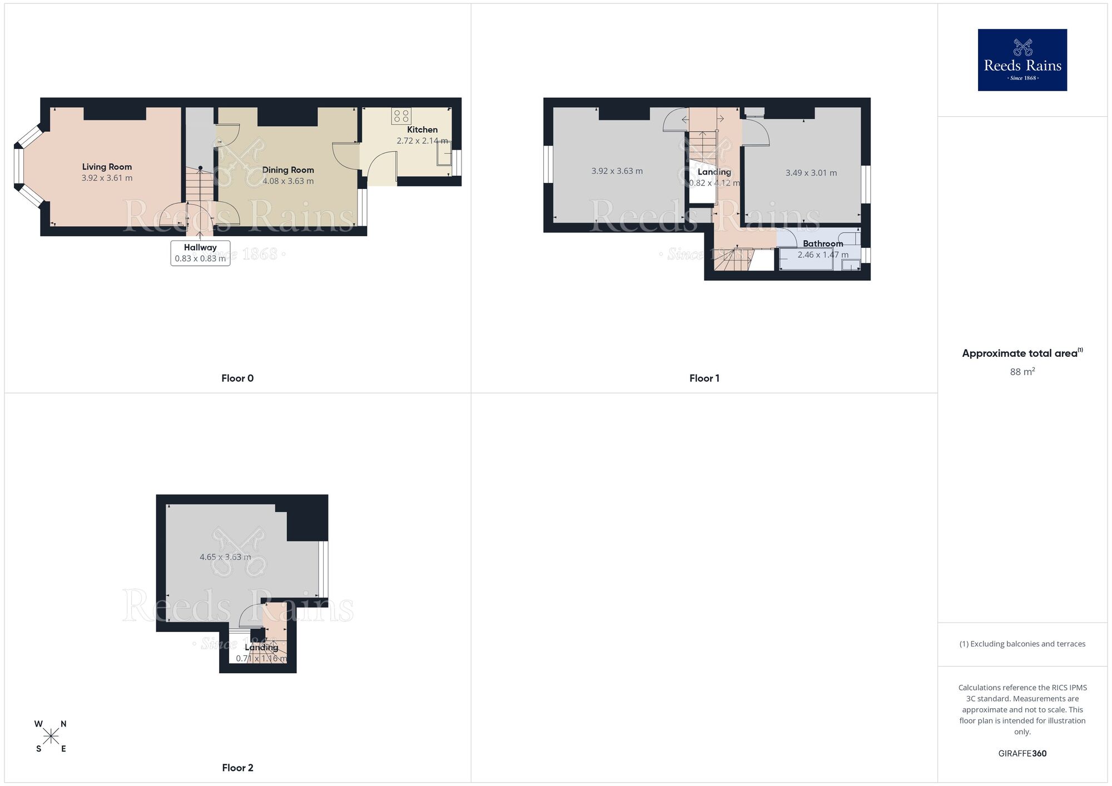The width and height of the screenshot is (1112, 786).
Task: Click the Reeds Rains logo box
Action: tap(1022, 60)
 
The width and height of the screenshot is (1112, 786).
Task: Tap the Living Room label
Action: tap(107, 167)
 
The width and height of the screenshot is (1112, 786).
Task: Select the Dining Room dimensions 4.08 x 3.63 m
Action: tap(288, 181)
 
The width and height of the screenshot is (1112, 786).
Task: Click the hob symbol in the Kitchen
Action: tap(401, 116)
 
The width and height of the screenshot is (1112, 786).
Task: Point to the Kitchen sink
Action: tap(444, 152)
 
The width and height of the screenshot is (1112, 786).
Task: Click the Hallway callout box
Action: tap(200, 253)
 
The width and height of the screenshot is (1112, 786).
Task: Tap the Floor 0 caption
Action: tap(237, 379)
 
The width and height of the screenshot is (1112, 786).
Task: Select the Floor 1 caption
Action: tap(704, 379)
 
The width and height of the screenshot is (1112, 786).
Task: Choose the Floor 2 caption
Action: tap(237, 768)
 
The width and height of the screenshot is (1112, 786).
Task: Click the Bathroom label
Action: tap(823, 243)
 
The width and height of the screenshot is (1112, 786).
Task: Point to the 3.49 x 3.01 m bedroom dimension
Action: tap(811, 173)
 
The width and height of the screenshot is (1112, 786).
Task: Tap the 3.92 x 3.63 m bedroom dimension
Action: tap(617, 171)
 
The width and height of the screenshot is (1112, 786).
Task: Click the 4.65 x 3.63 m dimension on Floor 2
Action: tap(225, 557)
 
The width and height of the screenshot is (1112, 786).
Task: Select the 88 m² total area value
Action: tap(1022, 372)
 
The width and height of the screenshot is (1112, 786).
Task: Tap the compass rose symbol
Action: tap(51, 737)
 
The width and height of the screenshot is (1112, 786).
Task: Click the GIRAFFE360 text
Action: tap(1022, 754)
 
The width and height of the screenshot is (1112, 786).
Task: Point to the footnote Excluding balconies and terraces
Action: tap(1022, 644)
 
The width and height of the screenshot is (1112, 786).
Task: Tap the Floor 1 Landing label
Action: tap(714, 172)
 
